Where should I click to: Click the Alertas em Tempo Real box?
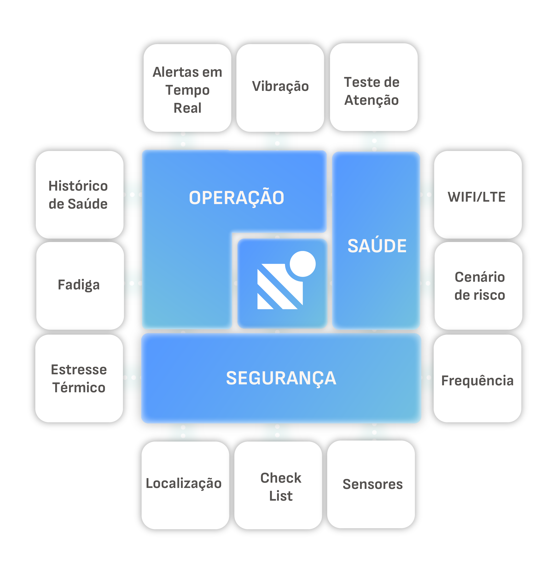click(187, 88)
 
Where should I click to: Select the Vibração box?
click(280, 88)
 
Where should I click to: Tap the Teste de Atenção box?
click(374, 87)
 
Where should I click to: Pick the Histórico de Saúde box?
click(79, 195)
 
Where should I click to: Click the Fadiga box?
click(80, 286)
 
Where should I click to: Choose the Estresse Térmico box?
click(79, 378)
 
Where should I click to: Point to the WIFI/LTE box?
click(478, 195)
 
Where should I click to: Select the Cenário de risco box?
click(478, 286)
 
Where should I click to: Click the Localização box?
click(185, 485)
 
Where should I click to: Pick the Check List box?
click(278, 485)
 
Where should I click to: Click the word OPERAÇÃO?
click(237, 198)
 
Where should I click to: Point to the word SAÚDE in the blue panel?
click(377, 246)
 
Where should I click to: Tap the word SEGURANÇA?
click(281, 378)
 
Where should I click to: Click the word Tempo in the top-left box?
click(187, 90)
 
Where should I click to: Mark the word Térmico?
click(79, 388)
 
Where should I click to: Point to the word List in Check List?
click(281, 496)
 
